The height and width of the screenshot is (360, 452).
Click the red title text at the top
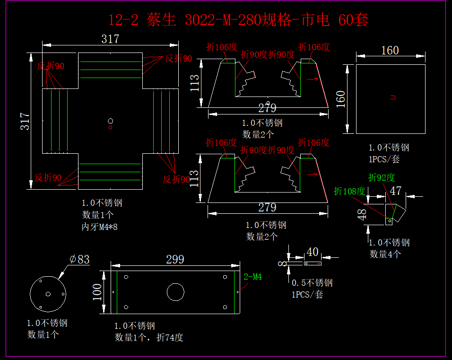tap(238, 20)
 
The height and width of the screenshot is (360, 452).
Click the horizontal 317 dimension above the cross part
tap(110, 39)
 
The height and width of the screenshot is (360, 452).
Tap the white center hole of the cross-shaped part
tap(111, 121)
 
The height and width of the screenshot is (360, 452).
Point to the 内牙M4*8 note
tap(99, 227)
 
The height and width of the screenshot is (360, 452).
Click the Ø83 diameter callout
tap(79, 259)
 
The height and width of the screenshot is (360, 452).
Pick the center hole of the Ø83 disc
tap(48, 294)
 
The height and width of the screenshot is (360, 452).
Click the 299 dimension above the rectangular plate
tap(175, 259)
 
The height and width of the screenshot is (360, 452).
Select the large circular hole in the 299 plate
tap(175, 292)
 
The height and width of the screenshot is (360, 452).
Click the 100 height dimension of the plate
tap(97, 292)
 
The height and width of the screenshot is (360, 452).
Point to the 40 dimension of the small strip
tap(313, 251)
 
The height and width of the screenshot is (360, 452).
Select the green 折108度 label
tap(349, 191)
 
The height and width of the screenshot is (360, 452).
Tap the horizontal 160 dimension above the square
tap(390, 50)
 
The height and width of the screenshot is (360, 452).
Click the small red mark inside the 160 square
tap(393, 97)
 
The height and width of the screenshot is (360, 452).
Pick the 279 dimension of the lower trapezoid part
tap(267, 207)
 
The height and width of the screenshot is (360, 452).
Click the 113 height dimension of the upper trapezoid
tap(194, 83)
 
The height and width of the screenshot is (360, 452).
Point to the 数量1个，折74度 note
tap(149, 337)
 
